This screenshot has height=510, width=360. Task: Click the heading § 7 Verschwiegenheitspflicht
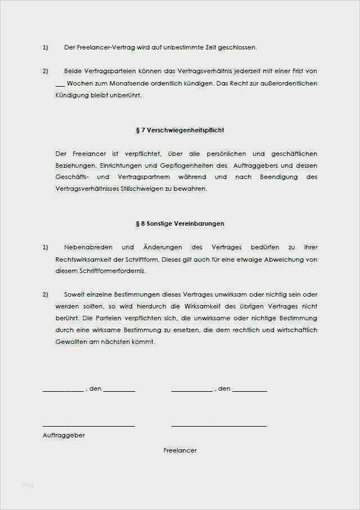click(180, 130)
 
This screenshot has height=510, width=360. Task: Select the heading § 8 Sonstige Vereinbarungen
click(180, 223)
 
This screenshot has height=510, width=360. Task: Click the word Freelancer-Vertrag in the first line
click(103, 47)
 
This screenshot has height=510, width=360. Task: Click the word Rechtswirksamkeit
click(82, 259)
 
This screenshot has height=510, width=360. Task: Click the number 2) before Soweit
click(46, 294)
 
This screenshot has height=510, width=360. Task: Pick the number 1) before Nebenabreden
click(46, 247)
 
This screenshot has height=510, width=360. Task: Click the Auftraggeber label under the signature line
click(64, 435)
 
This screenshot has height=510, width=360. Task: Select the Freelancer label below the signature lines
click(180, 450)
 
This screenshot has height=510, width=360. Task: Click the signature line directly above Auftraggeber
click(88, 426)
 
